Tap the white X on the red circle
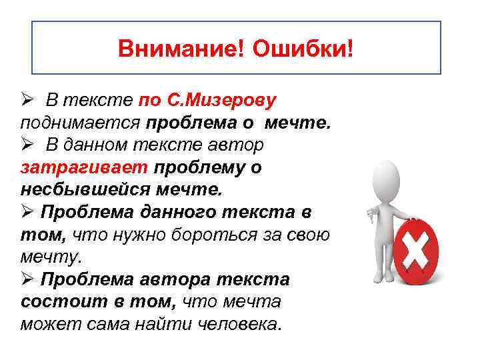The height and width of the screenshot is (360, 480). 415,250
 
